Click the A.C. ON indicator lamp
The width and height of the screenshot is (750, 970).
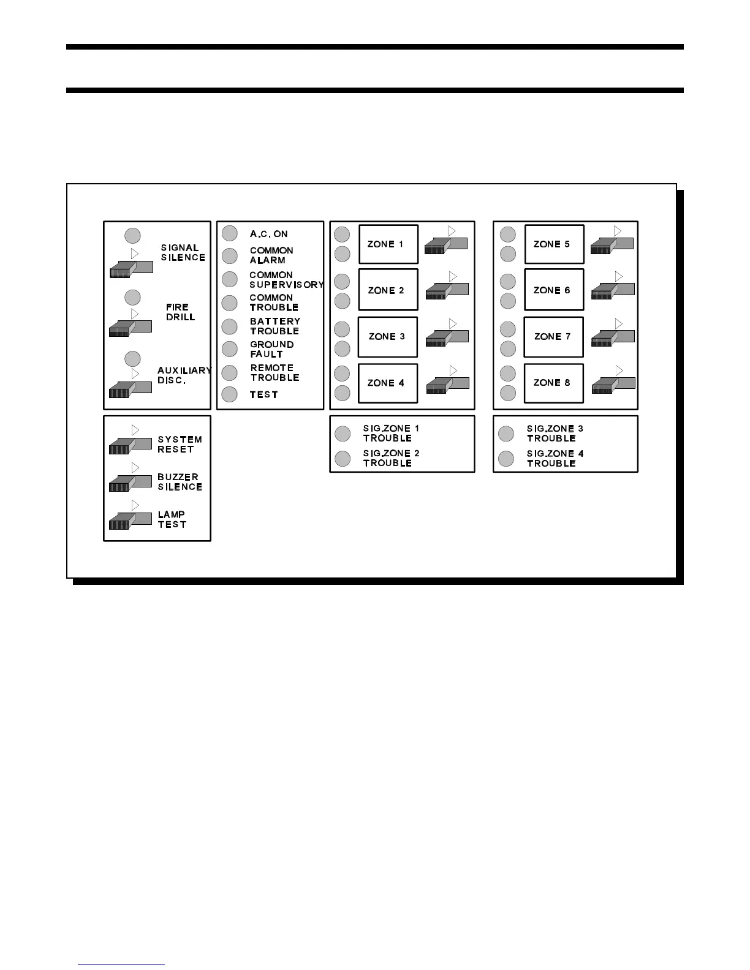click(x=230, y=233)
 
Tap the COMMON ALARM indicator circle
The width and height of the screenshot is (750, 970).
click(x=230, y=255)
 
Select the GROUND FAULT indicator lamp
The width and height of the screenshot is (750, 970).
click(x=230, y=349)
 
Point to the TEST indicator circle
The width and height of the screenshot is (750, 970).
click(x=230, y=394)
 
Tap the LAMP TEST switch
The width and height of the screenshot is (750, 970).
click(x=130, y=521)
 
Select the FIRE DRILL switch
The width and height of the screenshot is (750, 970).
click(x=130, y=328)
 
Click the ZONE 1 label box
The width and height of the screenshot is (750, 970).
click(x=388, y=244)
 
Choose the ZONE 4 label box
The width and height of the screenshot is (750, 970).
click(x=388, y=383)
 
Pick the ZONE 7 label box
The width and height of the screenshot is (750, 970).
click(x=553, y=337)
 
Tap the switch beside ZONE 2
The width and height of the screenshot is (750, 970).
click(x=447, y=291)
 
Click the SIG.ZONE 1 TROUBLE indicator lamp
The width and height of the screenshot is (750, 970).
click(x=343, y=434)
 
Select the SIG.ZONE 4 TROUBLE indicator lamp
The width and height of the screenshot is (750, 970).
click(x=506, y=458)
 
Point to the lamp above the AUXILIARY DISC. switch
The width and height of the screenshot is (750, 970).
click(x=132, y=358)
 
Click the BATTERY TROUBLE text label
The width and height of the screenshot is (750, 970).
click(x=275, y=326)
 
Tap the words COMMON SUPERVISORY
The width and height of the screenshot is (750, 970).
click(x=286, y=280)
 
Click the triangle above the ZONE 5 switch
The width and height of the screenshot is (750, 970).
click(x=618, y=231)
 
